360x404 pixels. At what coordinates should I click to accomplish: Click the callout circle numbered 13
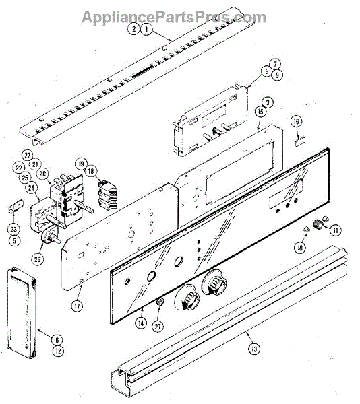click(254, 349)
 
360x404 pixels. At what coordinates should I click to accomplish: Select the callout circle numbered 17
click(77, 306)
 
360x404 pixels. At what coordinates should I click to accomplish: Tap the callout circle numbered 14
click(141, 323)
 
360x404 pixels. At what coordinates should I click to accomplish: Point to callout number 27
click(158, 327)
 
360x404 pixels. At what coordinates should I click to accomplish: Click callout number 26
click(37, 259)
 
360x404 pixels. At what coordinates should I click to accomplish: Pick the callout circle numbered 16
click(296, 121)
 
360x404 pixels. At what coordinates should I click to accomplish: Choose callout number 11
click(336, 230)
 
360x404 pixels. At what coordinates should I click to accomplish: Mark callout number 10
click(299, 248)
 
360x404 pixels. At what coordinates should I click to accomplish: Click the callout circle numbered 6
click(57, 340)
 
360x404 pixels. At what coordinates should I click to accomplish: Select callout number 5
click(14, 240)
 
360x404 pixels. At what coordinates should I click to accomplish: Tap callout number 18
click(91, 171)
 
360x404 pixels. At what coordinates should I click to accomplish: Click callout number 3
click(268, 102)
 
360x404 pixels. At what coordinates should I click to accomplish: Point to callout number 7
click(275, 64)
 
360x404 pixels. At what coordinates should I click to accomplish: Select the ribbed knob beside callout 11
click(318, 224)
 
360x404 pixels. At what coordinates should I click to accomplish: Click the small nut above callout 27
click(160, 302)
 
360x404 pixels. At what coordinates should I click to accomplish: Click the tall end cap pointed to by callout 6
click(21, 313)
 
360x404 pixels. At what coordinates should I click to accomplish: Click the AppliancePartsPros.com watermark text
click(174, 17)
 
